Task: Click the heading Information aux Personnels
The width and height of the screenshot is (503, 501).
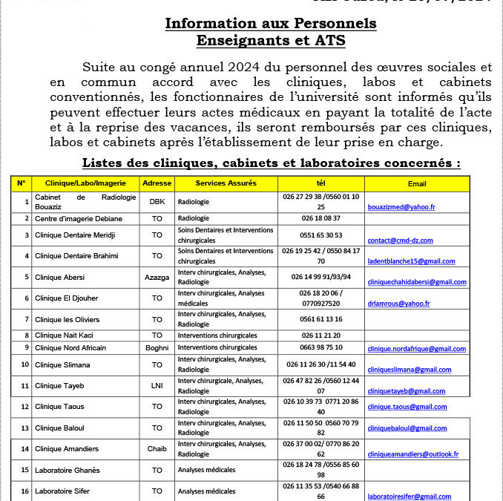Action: pyautogui.click(x=270, y=23)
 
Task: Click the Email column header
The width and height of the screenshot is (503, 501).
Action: pyautogui.click(x=417, y=183)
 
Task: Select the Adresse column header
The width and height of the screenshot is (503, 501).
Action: pyautogui.click(x=157, y=183)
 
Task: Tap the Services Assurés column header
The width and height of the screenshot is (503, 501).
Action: pyautogui.click(x=226, y=183)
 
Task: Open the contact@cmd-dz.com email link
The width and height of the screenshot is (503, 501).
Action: pyautogui.click(x=401, y=240)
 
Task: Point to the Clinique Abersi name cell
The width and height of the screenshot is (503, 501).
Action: pyautogui.click(x=59, y=277)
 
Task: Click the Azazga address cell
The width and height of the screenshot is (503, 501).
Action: pyautogui.click(x=157, y=277)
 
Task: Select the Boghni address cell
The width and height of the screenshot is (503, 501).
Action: pyautogui.click(x=157, y=348)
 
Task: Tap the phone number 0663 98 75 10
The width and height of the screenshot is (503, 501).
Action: pyautogui.click(x=321, y=348)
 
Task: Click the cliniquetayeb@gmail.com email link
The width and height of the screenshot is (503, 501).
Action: pyautogui.click(x=407, y=391)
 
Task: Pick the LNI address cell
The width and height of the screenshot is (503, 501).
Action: pyautogui.click(x=157, y=386)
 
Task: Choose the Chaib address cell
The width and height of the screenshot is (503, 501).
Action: pyautogui.click(x=157, y=448)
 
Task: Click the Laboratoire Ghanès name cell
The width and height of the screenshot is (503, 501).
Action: pyautogui.click(x=68, y=470)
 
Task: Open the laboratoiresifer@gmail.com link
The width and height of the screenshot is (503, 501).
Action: pyautogui.click(x=409, y=497)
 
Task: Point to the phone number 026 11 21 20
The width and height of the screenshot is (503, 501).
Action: pyautogui.click(x=321, y=335)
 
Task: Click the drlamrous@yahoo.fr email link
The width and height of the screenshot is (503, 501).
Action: pyautogui.click(x=398, y=304)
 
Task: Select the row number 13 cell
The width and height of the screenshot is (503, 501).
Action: pyautogui.click(x=24, y=428)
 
